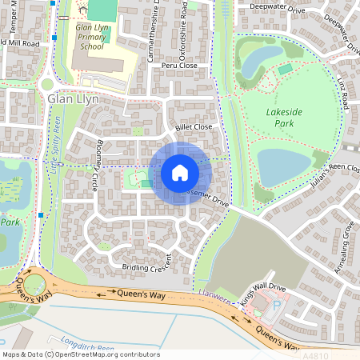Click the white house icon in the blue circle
pos(180,172)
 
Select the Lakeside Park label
pos(288,118)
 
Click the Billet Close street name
pos(193,127)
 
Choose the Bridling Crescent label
pos(146,262)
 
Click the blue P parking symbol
pos(278,305)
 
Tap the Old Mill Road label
pos(19,42)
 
